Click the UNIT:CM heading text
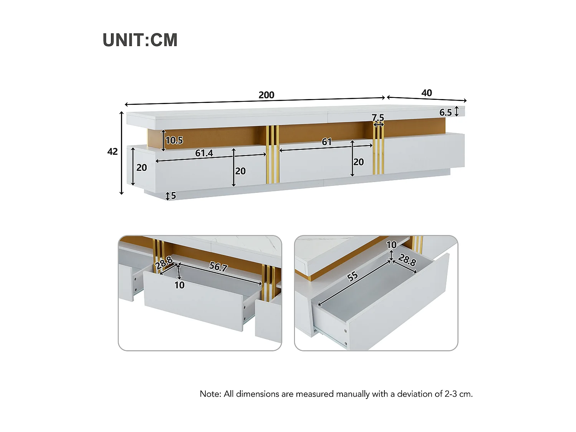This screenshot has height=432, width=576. [x=140, y=40]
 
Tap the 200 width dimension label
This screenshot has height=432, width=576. [x=266, y=95]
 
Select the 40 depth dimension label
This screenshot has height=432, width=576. [x=427, y=93]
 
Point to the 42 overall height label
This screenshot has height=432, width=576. [x=113, y=152]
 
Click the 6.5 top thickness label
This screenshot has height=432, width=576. [x=445, y=113]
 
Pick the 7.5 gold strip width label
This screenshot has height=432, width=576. [x=378, y=118]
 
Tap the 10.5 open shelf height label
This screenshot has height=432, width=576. [x=174, y=141]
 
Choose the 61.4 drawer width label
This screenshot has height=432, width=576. [x=204, y=153]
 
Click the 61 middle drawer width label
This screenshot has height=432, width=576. [x=327, y=142]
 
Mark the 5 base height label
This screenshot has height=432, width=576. [x=174, y=195]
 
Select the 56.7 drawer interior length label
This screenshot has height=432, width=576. [x=218, y=267]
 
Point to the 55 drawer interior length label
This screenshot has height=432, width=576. [x=353, y=276]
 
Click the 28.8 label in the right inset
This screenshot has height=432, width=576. [x=407, y=260]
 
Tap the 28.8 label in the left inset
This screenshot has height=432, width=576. [x=164, y=263]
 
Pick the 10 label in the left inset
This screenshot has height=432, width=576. [x=179, y=285]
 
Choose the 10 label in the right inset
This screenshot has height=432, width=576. [x=392, y=245]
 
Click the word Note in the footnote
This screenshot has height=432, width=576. [x=209, y=394]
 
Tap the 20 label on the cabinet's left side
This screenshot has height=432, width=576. [x=142, y=168]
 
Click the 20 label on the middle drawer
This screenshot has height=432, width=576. [x=359, y=162]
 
